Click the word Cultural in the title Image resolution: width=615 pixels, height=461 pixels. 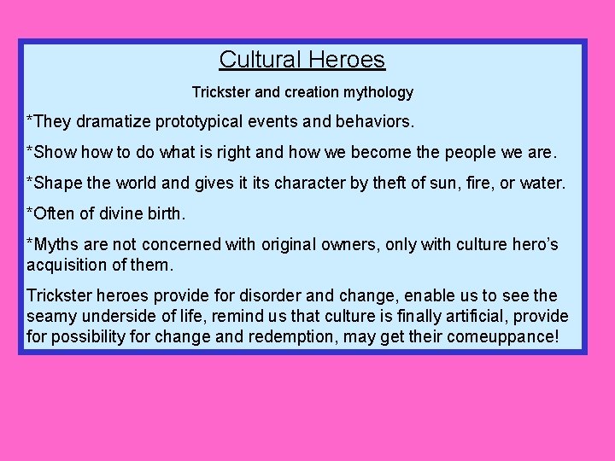coord(255,60)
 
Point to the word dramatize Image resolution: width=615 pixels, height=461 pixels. coord(114,122)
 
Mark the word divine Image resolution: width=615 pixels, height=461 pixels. coord(125,213)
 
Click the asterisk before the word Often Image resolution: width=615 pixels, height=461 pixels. coord(30,212)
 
